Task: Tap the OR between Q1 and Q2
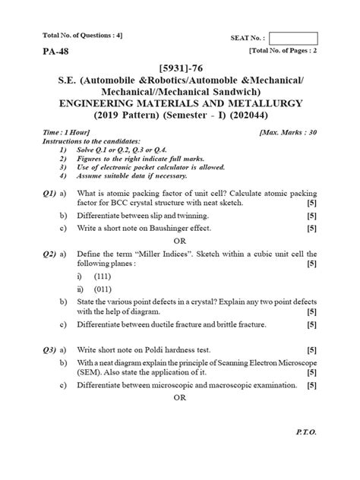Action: coord(180,241)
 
